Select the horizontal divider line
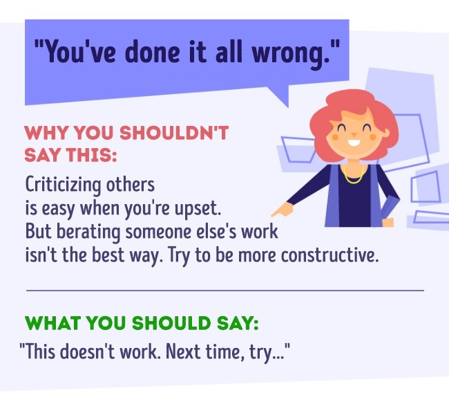point(224,291)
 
